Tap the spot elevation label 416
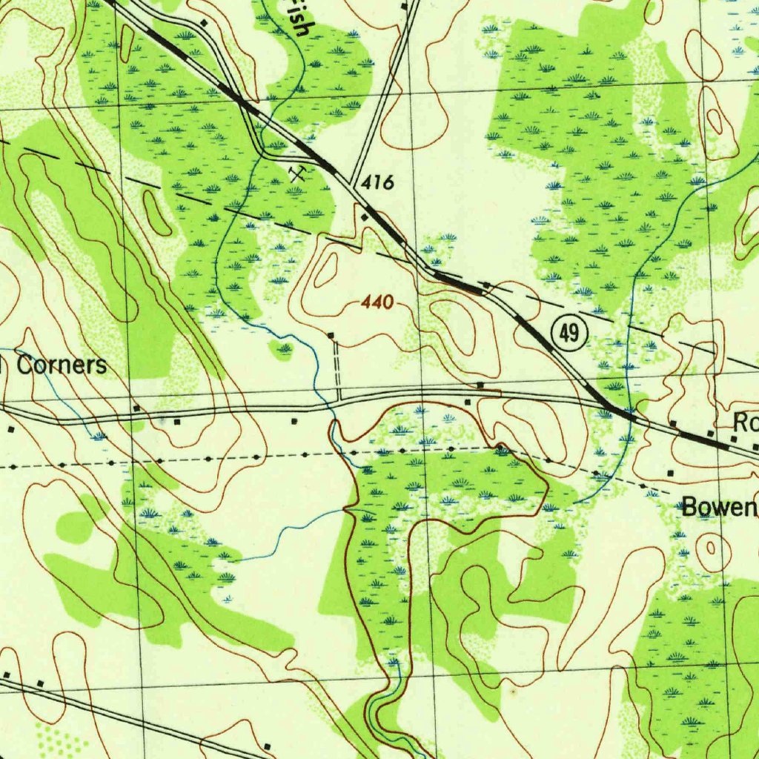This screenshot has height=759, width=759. pyautogui.click(x=378, y=184)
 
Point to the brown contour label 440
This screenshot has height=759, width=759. pyautogui.click(x=378, y=302)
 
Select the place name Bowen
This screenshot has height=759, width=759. pyautogui.click(x=718, y=508)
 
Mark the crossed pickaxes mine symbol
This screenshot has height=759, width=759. pyautogui.click(x=299, y=173)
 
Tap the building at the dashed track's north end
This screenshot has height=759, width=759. pyautogui.click(x=331, y=336)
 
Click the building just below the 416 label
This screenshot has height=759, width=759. pyautogui.click(x=364, y=216)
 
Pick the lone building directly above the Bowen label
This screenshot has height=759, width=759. pyautogui.click(x=670, y=472)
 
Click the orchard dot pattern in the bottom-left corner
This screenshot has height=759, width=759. pyautogui.click(x=56, y=738)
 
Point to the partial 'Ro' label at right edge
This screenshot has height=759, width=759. pyautogui.click(x=745, y=423)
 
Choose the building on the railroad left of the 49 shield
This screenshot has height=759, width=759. pyautogui.click(x=485, y=285)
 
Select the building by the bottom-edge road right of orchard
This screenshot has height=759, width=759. pyautogui.click(x=268, y=746)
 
